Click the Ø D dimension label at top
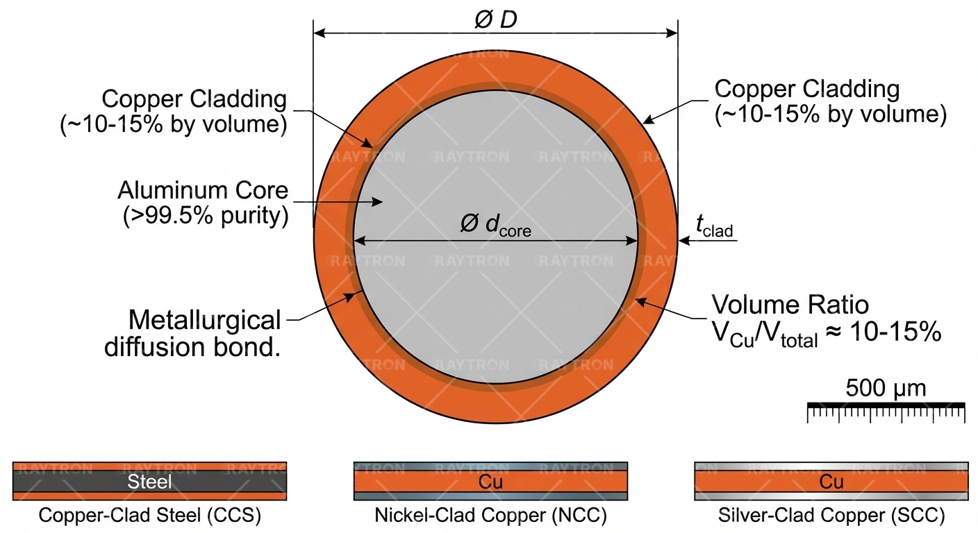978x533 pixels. coord(495,19)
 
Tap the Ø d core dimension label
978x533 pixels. coord(495,225)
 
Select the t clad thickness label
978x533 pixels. coord(714,226)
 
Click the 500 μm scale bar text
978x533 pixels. coord(886,388)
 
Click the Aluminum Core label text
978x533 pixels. coord(202,190)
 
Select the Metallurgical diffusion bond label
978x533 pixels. coord(194,333)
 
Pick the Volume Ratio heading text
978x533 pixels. coord(790,305)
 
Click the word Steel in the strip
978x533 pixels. coord(149,482)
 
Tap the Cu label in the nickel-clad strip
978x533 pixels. coord(490,482)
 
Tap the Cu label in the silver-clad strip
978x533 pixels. coord(831,482)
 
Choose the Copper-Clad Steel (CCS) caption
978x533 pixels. coord(149,516)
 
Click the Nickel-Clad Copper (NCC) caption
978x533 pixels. coord(490,516)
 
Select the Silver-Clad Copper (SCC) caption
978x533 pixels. coord(831,516)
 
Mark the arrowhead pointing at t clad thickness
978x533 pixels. coord(683,241)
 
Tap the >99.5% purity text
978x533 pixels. coord(206,216)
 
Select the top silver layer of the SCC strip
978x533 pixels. coord(831,467)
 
